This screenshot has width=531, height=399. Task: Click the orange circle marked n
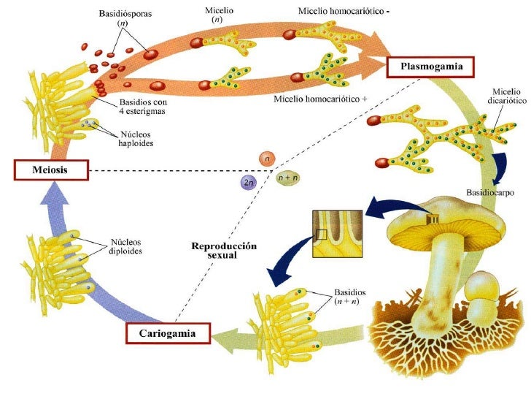(x=268, y=159)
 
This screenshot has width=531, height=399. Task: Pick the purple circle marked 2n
(x=249, y=181)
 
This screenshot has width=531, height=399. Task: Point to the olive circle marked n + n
(x=287, y=177)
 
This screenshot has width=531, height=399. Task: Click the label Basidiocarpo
(x=486, y=192)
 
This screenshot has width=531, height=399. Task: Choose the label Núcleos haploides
(x=135, y=138)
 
